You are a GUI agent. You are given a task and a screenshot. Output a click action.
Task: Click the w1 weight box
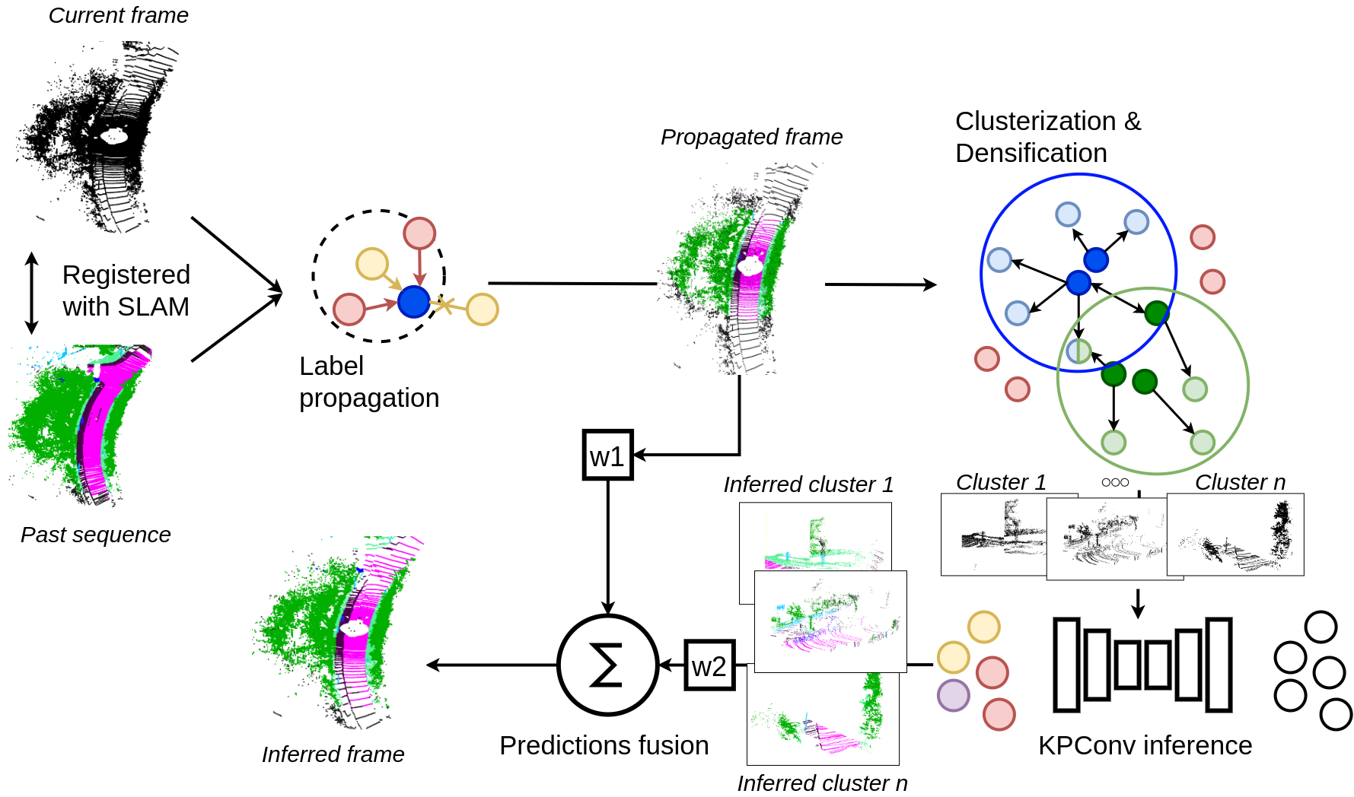coord(607,456)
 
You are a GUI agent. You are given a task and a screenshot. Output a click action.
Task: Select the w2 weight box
coord(709,665)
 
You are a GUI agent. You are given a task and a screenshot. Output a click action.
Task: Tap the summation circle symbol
coord(607,665)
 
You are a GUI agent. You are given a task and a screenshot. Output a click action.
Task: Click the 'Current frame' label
coord(118,15)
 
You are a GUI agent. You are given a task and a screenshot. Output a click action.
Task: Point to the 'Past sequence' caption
coord(95,535)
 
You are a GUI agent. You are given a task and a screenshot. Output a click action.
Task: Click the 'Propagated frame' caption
coord(751,137)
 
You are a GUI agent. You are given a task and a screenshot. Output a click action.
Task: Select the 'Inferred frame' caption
coord(333,754)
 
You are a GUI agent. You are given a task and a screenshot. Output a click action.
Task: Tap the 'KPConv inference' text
coord(1145,745)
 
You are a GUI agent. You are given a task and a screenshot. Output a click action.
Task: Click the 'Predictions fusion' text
coord(604,745)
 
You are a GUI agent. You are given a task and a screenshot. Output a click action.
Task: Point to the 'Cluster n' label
coord(1240,482)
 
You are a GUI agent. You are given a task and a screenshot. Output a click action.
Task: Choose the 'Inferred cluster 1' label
coord(808,484)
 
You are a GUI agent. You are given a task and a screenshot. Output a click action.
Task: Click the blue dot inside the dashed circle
coord(413,301)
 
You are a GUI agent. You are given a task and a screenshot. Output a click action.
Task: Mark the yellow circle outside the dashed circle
coord(482,310)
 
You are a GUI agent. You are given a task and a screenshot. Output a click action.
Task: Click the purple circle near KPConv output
coord(953,695)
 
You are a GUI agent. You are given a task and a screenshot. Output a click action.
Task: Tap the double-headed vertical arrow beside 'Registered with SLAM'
coord(31,293)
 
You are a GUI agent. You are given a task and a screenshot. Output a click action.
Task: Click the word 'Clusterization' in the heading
coord(1035,122)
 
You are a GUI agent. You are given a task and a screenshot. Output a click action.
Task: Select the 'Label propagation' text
coord(369,382)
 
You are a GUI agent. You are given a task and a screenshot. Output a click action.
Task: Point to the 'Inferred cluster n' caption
coord(822,783)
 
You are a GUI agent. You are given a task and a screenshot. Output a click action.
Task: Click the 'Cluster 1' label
coord(1001,482)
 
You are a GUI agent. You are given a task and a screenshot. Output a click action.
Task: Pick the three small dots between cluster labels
coord(1115,482)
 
